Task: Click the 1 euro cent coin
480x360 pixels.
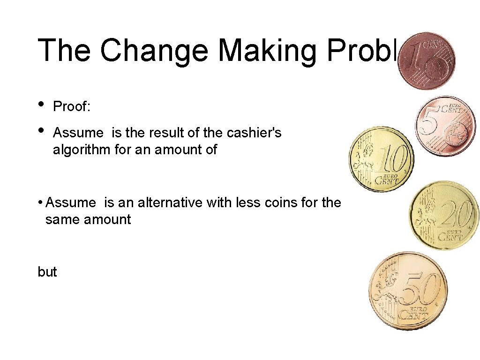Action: point(426,61)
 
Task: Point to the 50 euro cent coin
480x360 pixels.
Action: point(408,291)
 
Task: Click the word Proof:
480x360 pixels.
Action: point(72,107)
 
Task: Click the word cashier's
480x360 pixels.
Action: point(254,133)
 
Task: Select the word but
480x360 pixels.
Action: point(47,272)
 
